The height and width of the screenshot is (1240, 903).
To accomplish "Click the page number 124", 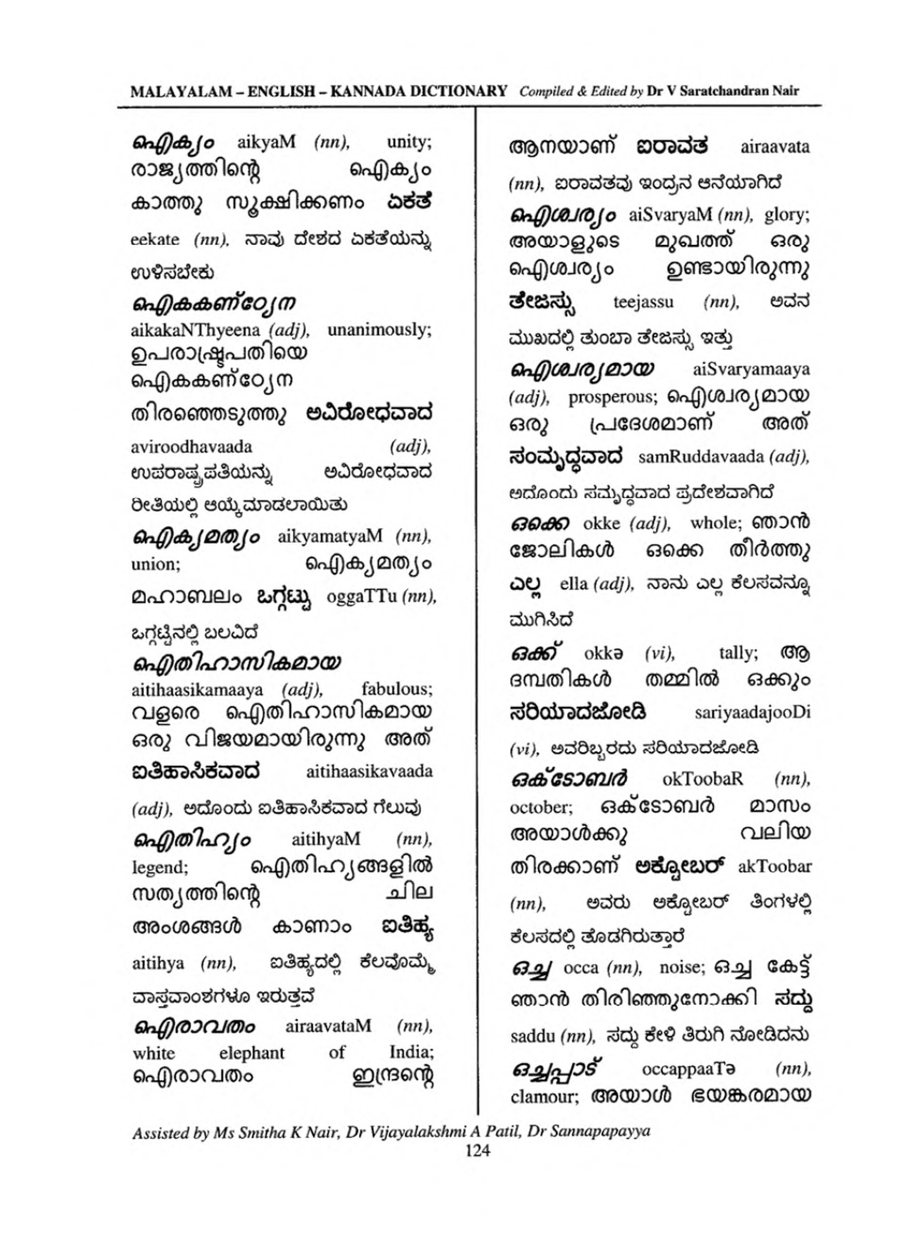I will tap(478, 1151).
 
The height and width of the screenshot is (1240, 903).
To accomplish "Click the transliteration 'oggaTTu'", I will tap(361, 596).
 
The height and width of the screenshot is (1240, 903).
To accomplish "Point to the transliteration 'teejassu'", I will tap(643, 302).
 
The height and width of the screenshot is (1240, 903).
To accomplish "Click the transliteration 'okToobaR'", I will tap(702, 779).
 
